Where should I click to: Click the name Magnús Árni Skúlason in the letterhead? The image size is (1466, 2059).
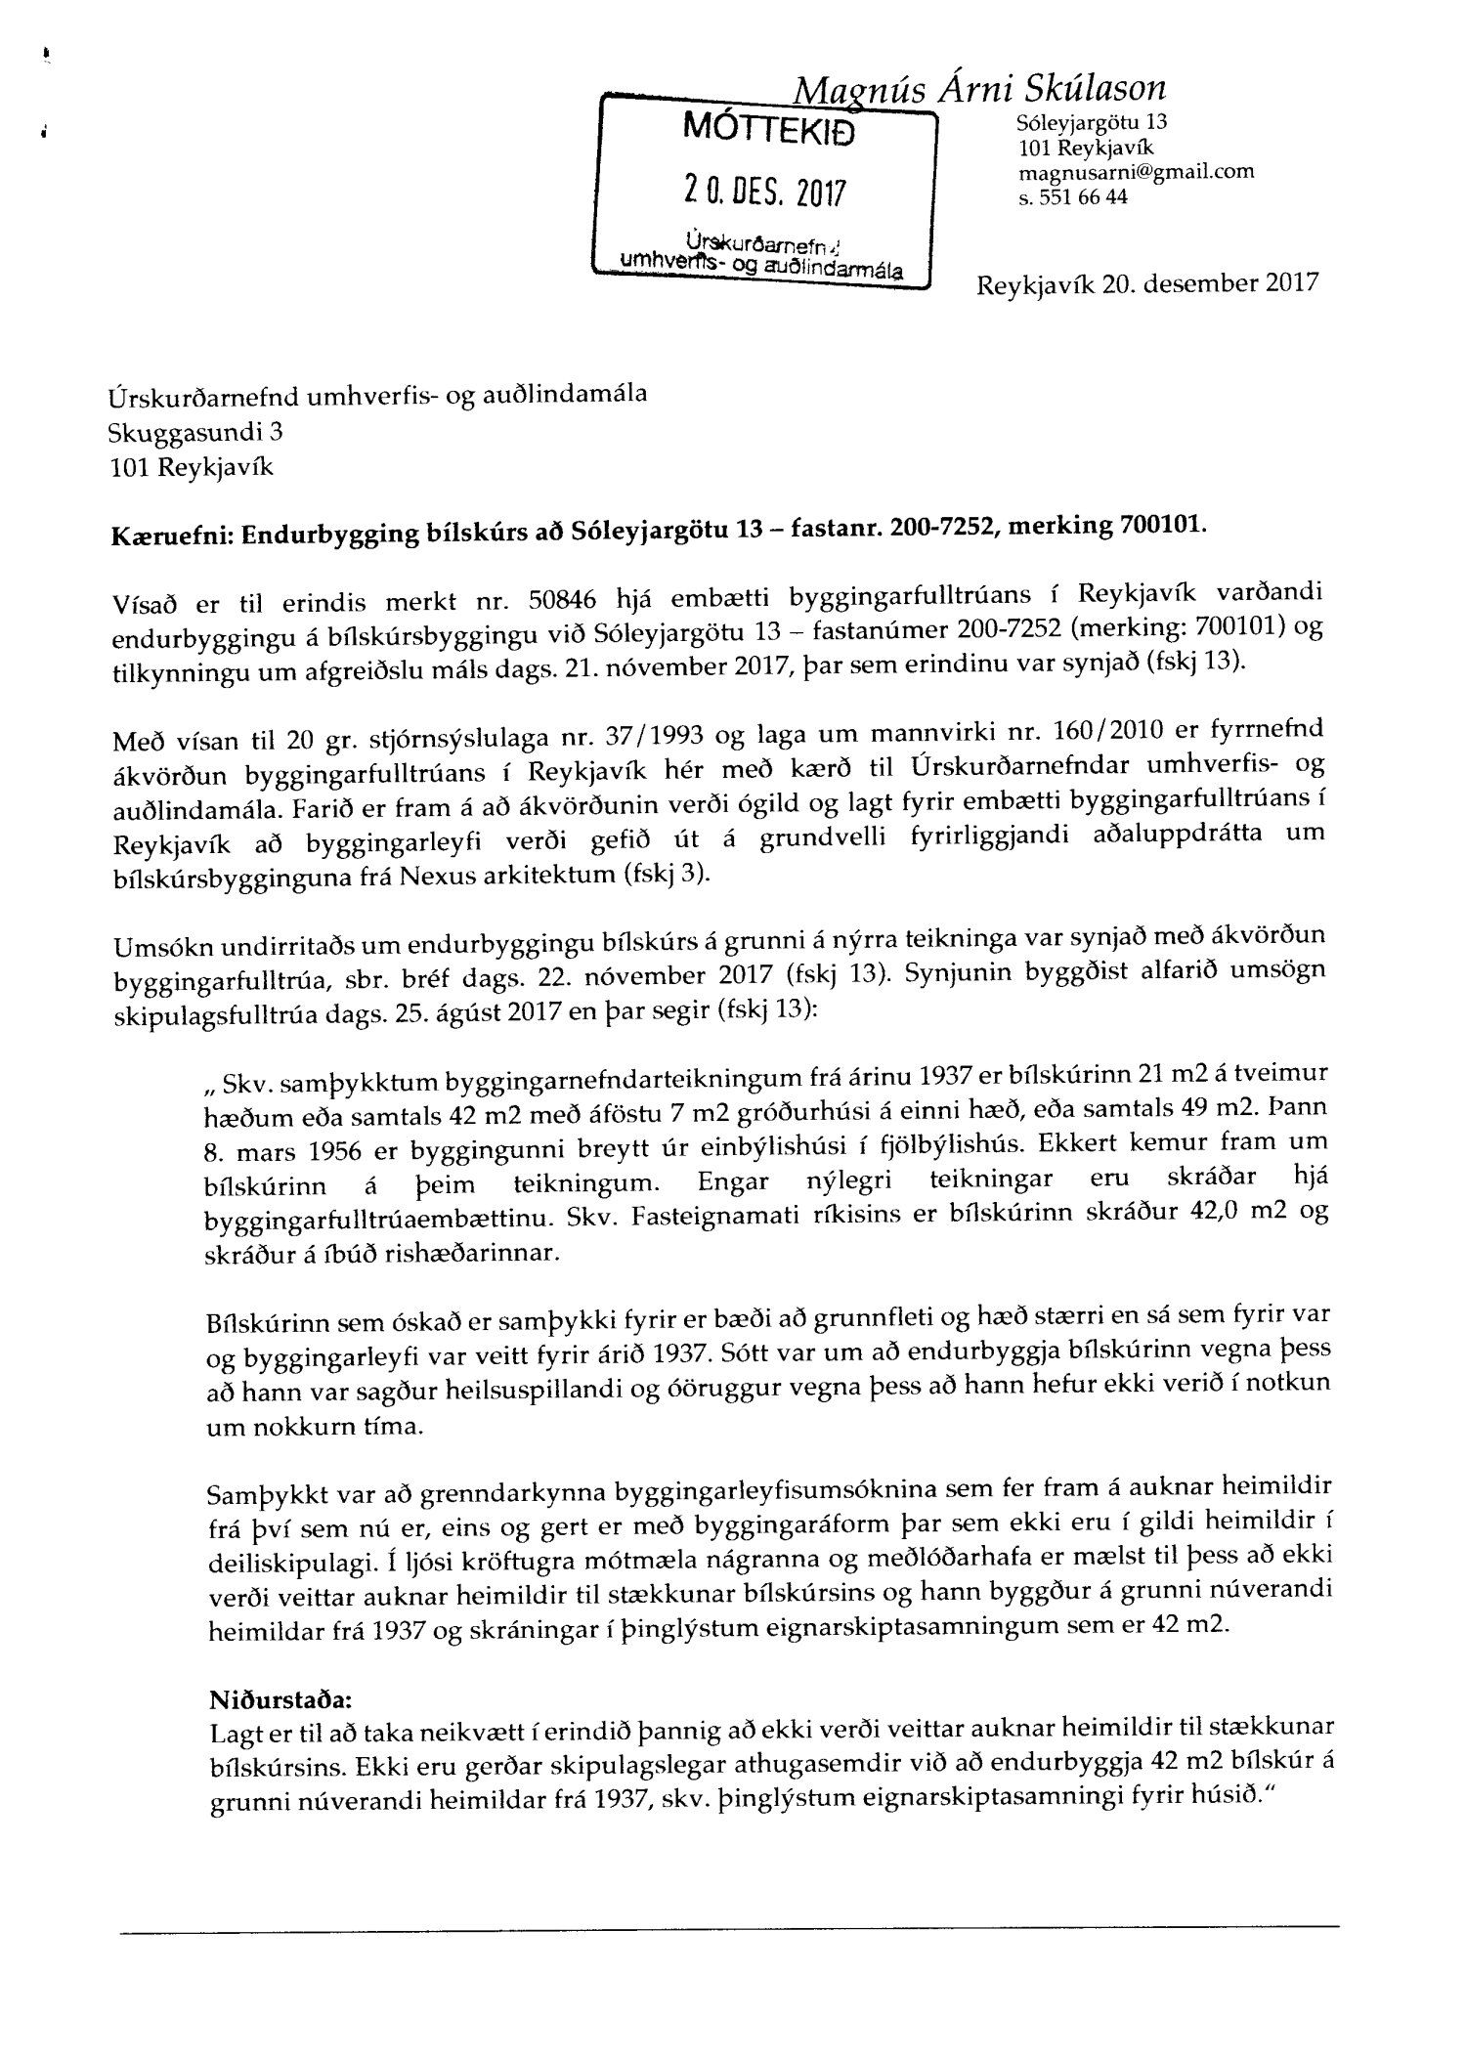click(979, 91)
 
